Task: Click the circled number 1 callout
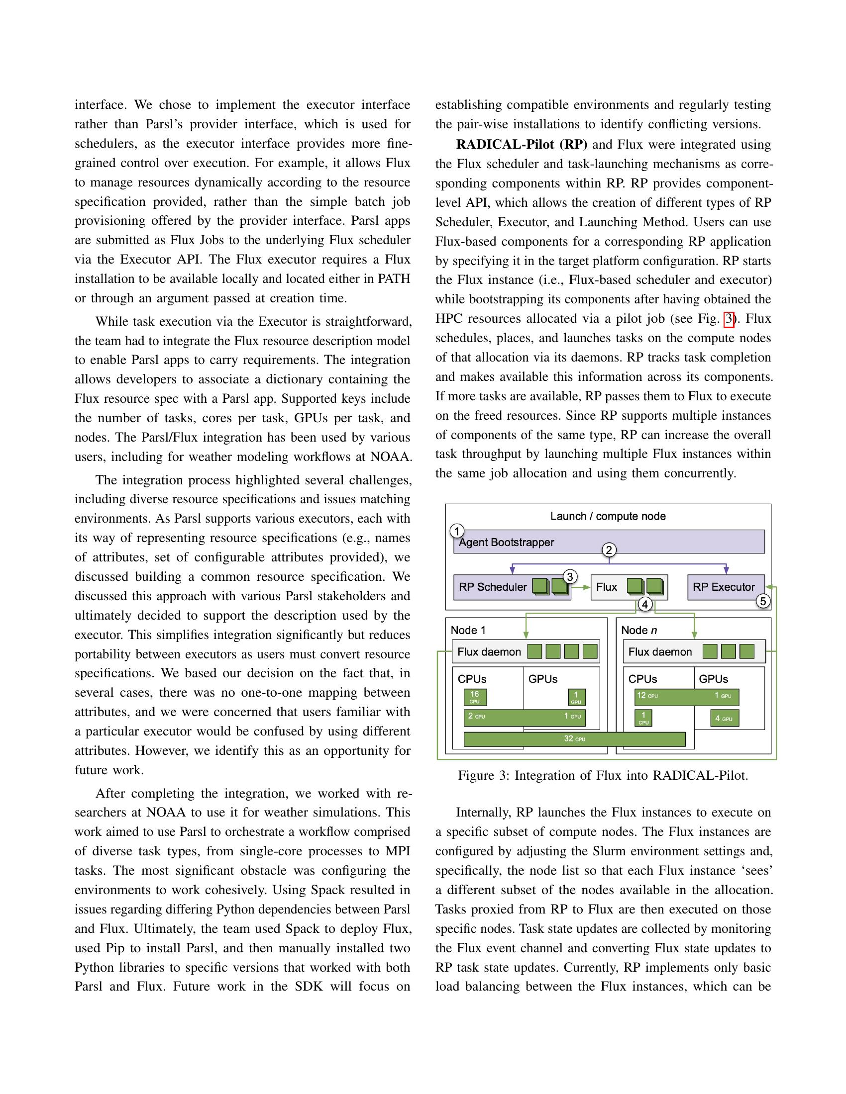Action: [456, 531]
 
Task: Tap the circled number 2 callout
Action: [609, 550]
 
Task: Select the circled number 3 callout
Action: [569, 576]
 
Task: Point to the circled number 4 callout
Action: [645, 605]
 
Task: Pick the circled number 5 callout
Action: [763, 601]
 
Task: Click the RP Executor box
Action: [725, 587]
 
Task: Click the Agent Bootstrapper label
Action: [506, 543]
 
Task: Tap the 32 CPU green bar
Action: [574, 739]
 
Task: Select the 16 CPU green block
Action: [475, 697]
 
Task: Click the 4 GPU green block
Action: [724, 719]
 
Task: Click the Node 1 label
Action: [468, 630]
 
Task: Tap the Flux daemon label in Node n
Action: [659, 652]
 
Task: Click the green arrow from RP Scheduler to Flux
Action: [581, 587]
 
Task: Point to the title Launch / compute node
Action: [608, 517]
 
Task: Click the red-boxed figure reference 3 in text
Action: [729, 319]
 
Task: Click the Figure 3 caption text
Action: [603, 776]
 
